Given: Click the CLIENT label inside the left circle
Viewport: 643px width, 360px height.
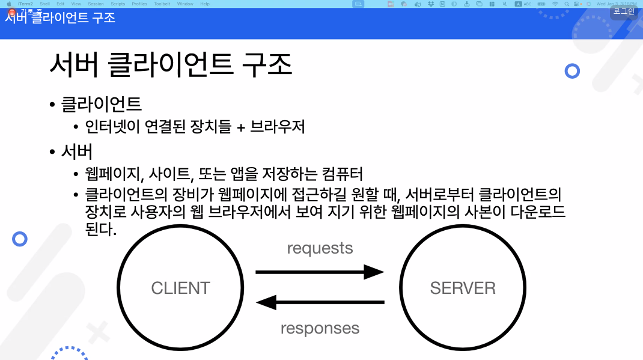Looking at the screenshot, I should tap(180, 288).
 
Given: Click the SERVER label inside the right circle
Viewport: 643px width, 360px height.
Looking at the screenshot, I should tap(463, 288).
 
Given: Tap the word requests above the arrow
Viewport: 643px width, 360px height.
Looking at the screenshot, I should tap(320, 248).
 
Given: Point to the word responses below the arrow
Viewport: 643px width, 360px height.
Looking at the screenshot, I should tap(320, 328).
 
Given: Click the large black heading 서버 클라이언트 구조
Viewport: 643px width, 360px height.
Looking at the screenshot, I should tap(171, 65).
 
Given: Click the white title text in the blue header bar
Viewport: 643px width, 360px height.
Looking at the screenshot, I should tap(60, 17).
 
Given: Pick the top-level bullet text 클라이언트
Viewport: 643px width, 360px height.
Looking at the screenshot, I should tap(101, 103).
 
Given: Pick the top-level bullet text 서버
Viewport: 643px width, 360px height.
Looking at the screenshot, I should tap(77, 150).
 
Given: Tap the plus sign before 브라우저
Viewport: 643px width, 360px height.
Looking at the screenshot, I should tap(240, 127).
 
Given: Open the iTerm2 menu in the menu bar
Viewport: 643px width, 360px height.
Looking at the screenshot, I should tap(25, 4).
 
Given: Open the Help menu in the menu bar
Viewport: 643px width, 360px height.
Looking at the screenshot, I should tap(205, 4).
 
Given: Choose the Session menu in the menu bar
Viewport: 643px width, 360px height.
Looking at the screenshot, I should tap(96, 4).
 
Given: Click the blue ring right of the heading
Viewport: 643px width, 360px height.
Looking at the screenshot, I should tap(572, 71).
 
